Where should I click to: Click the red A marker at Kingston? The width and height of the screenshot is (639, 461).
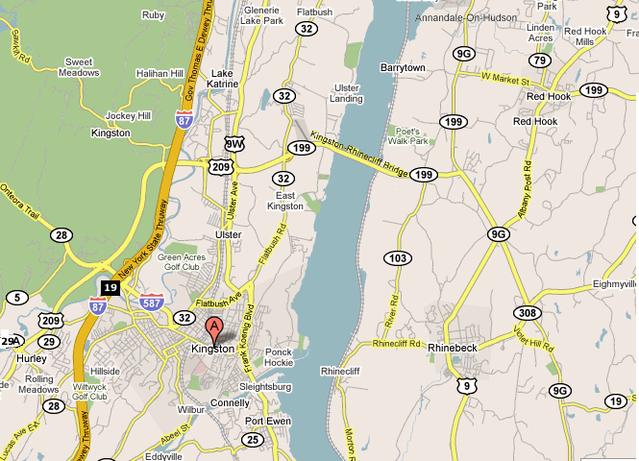[x=213, y=328]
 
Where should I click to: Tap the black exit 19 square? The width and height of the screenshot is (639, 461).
[x=111, y=287]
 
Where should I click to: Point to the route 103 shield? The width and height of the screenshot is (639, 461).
[x=397, y=258]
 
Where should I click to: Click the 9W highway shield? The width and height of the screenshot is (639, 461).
[x=233, y=144]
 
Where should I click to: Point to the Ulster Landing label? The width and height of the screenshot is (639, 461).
[x=347, y=93]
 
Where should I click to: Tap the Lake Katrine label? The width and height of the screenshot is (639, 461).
[x=222, y=78]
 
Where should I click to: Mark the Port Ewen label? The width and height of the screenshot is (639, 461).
[x=266, y=422]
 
